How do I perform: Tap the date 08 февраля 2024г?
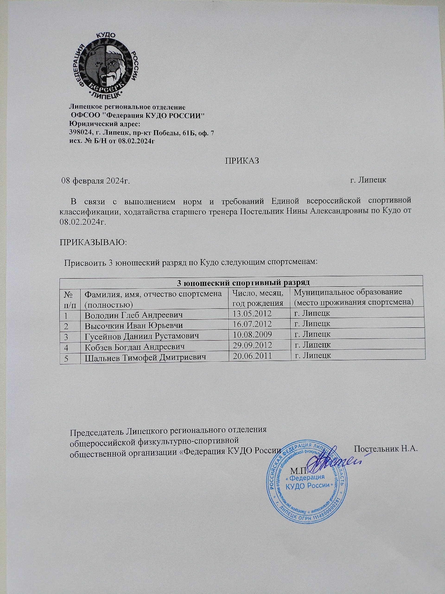pos(95,180)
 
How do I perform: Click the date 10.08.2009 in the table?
pos(252,334)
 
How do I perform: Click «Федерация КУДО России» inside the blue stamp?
pos(307,482)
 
